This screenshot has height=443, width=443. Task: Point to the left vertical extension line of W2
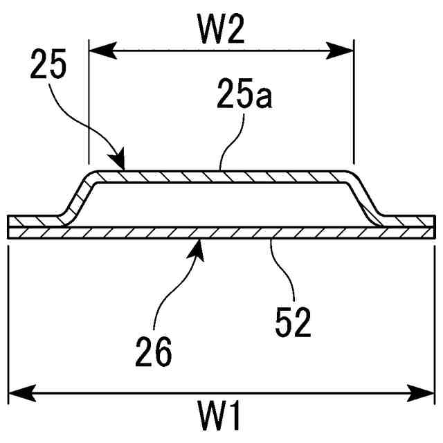pos(89,104)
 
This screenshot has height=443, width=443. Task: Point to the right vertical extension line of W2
pos(354,104)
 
